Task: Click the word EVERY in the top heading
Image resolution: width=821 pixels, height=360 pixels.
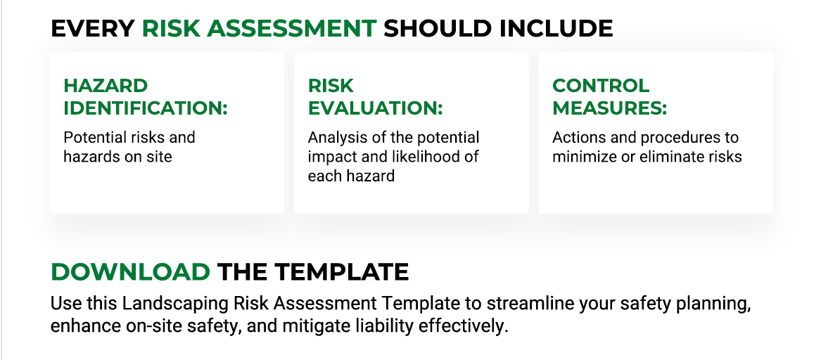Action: tap(92, 28)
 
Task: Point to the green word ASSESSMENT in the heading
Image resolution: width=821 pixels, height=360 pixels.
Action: tap(306, 28)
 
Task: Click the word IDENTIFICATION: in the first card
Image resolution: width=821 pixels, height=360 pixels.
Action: tap(146, 108)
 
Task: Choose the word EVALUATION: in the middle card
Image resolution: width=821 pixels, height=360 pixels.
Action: tap(375, 108)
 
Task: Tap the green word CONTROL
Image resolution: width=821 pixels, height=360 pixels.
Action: tap(601, 86)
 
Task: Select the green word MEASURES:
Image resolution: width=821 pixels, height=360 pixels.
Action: tap(609, 108)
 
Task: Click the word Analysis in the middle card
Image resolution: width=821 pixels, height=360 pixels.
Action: tap(334, 137)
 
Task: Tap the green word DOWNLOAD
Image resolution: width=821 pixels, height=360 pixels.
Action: tap(130, 271)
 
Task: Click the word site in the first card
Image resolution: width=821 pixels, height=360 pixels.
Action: tap(160, 156)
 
